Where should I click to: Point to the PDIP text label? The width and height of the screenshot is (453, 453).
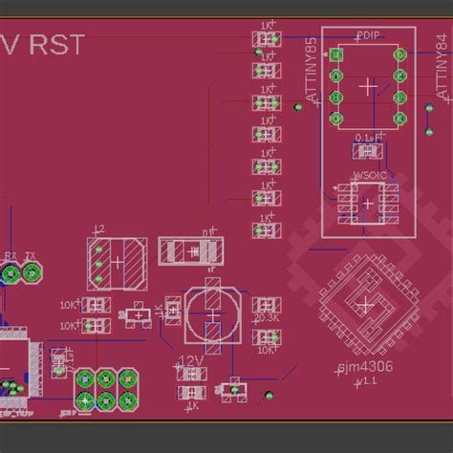point(367,36)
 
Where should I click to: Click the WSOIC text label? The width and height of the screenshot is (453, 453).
point(368,175)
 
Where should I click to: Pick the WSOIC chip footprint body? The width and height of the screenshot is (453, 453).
point(368,202)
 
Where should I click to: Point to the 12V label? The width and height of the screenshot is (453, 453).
point(190,360)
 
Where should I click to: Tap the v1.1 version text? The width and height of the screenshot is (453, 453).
point(364,380)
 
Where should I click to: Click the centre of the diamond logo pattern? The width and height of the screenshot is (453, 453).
point(366,303)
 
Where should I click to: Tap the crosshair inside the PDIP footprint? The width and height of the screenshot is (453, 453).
point(368,86)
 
